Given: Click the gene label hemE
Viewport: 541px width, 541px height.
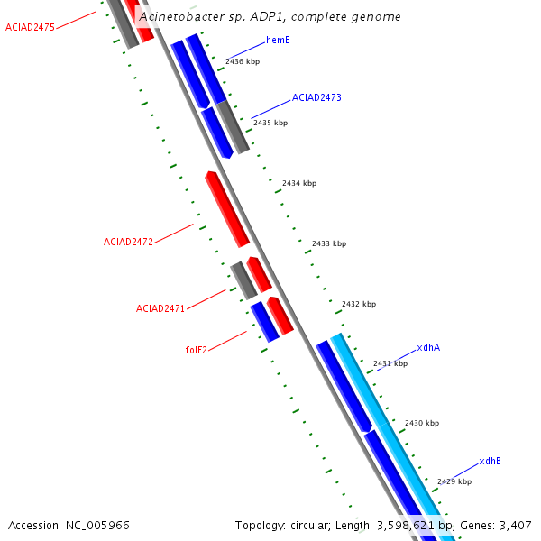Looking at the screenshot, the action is coord(278,41).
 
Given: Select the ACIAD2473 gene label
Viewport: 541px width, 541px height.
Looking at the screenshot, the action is coord(316,97).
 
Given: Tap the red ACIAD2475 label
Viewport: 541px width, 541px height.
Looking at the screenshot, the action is coord(30,28).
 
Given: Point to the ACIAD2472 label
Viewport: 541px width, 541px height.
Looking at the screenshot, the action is coord(128,242).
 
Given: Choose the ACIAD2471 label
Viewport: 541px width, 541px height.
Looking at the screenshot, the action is coord(160,308).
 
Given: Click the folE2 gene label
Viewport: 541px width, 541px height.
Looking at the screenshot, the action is coord(196,350).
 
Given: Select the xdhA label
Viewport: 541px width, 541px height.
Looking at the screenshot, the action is coord(428,347).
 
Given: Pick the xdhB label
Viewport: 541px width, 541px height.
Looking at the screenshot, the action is coord(490,461).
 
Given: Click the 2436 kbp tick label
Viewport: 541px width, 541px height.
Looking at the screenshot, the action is coord(243,61).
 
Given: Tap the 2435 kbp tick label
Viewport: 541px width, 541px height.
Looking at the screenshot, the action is coord(270,123).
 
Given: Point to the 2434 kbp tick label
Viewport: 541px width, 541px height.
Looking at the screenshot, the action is coord(299,183).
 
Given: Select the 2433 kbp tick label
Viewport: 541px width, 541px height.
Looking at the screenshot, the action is coord(329,243).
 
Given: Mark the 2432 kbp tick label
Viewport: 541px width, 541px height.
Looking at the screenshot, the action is coord(359,304).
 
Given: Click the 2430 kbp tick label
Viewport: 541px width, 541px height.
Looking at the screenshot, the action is coord(422,423).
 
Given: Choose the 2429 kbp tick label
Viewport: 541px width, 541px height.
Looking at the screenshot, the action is coord(454,481).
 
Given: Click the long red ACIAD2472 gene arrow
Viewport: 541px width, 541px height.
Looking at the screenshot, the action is coord(227,208).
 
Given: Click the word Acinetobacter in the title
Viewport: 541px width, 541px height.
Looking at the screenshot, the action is coord(180,17).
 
